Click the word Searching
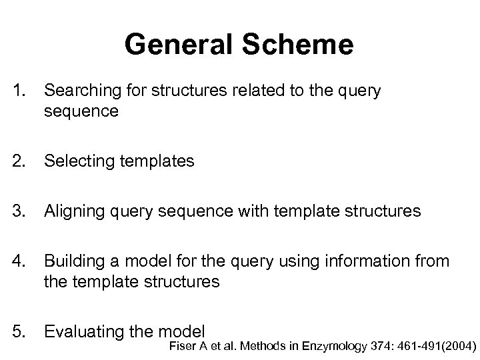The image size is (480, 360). point(77,91)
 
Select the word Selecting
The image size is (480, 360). point(75,161)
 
